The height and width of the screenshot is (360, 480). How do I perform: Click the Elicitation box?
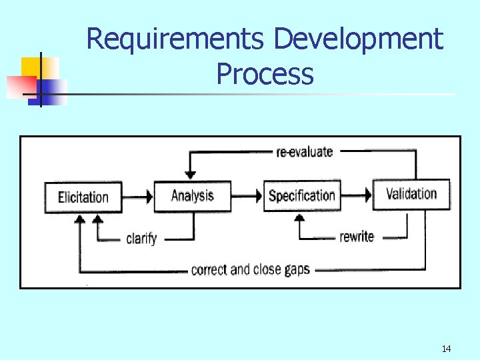click(83, 197)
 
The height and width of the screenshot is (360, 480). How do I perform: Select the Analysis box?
click(192, 195)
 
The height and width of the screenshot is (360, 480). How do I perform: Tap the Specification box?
click(301, 195)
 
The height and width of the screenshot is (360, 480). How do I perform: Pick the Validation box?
click(411, 194)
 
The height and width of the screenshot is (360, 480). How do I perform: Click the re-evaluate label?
click(304, 152)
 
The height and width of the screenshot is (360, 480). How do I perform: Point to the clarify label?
click(141, 238)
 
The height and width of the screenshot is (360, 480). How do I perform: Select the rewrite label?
click(357, 237)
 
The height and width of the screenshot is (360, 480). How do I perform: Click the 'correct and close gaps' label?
click(250, 270)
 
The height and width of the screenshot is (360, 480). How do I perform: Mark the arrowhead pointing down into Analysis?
click(191, 175)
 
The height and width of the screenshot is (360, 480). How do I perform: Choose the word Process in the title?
click(265, 73)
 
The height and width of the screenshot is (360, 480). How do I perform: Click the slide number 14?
click(446, 348)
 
